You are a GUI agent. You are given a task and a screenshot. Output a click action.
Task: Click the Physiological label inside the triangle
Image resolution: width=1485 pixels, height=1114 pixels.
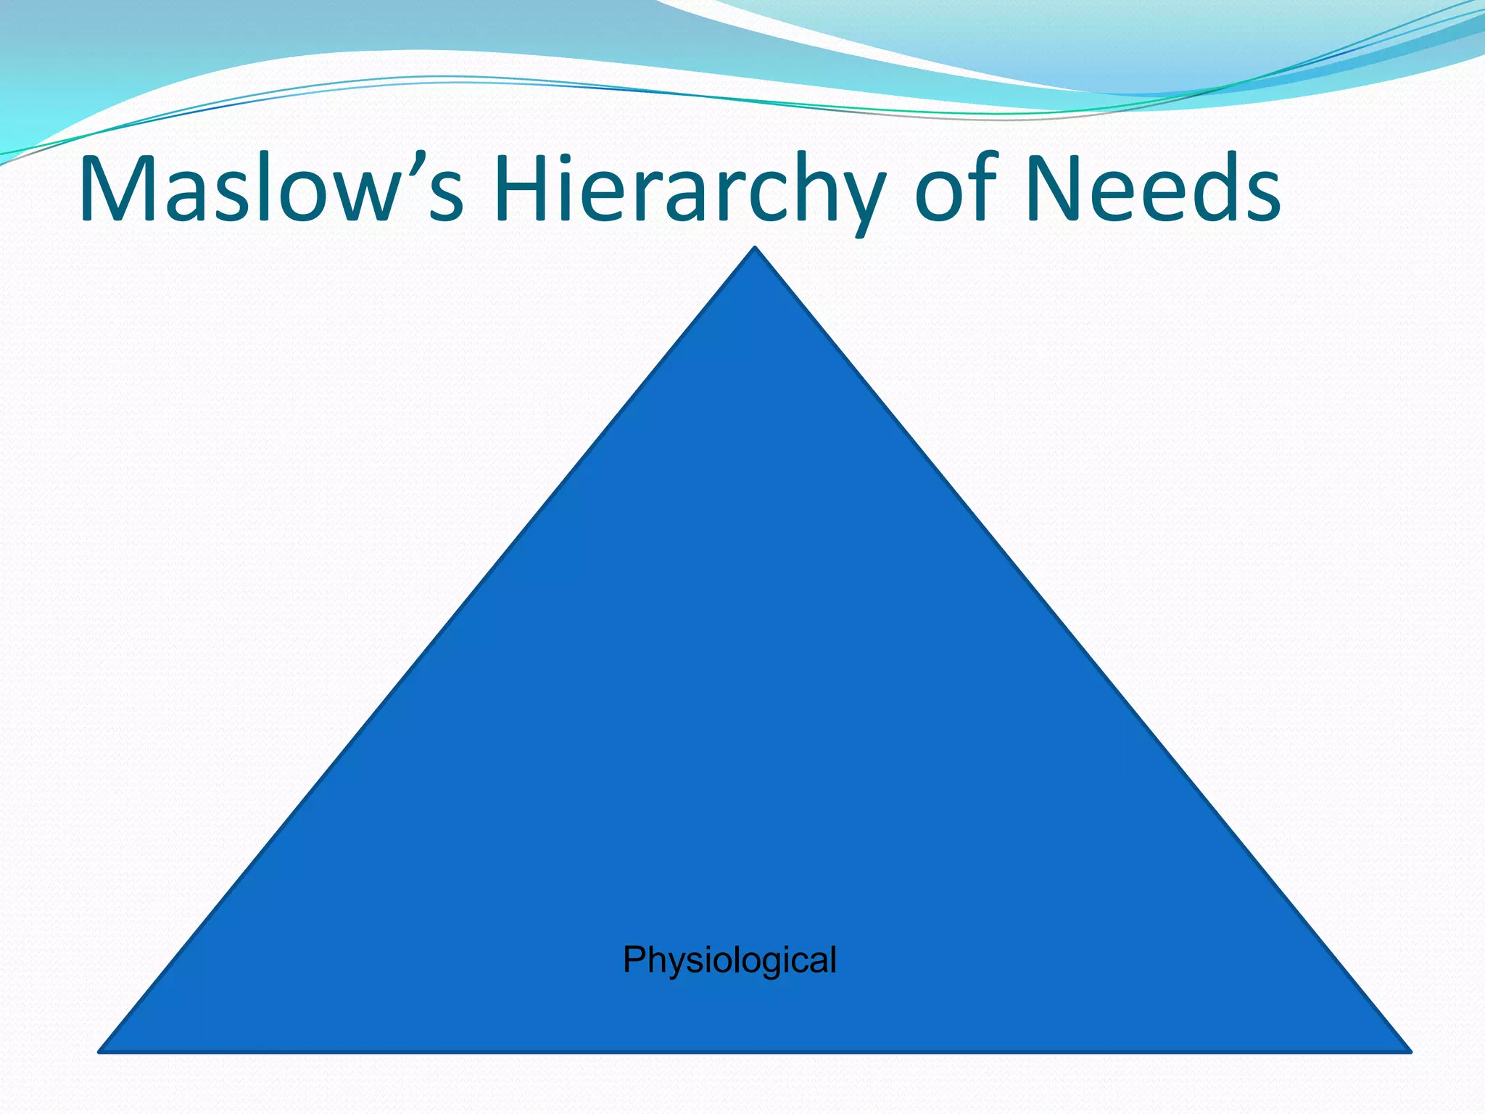[x=729, y=960]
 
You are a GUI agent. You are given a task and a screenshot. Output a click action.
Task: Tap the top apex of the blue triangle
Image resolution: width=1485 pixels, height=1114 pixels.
[x=755, y=249]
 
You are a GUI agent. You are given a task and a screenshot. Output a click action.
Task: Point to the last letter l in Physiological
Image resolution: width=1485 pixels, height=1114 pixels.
[x=833, y=959]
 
